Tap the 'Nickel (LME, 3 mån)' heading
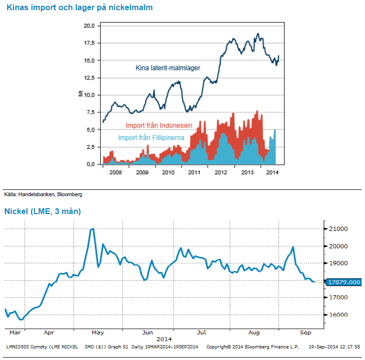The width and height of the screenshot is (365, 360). pyautogui.click(x=43, y=211)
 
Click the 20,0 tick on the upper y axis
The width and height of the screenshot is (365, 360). pyautogui.click(x=89, y=26)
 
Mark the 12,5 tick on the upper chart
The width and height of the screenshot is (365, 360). pyautogui.click(x=89, y=78)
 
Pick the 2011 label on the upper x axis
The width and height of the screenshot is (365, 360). pyautogui.click(x=194, y=172)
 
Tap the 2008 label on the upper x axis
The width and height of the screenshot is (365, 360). pyautogui.click(x=116, y=172)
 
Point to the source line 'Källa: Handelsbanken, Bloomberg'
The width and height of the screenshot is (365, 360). pyautogui.click(x=43, y=194)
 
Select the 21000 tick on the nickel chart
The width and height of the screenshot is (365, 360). pyautogui.click(x=338, y=229)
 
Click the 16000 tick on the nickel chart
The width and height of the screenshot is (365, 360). pyautogui.click(x=338, y=315)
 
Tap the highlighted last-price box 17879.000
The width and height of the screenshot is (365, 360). pyautogui.click(x=345, y=282)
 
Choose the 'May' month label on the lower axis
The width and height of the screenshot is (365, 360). pyautogui.click(x=98, y=333)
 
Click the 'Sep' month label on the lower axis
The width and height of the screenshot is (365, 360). pyautogui.click(x=306, y=333)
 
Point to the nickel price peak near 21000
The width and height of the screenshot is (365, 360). pyautogui.click(x=92, y=229)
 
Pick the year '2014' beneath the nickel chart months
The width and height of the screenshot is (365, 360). pyautogui.click(x=164, y=339)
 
